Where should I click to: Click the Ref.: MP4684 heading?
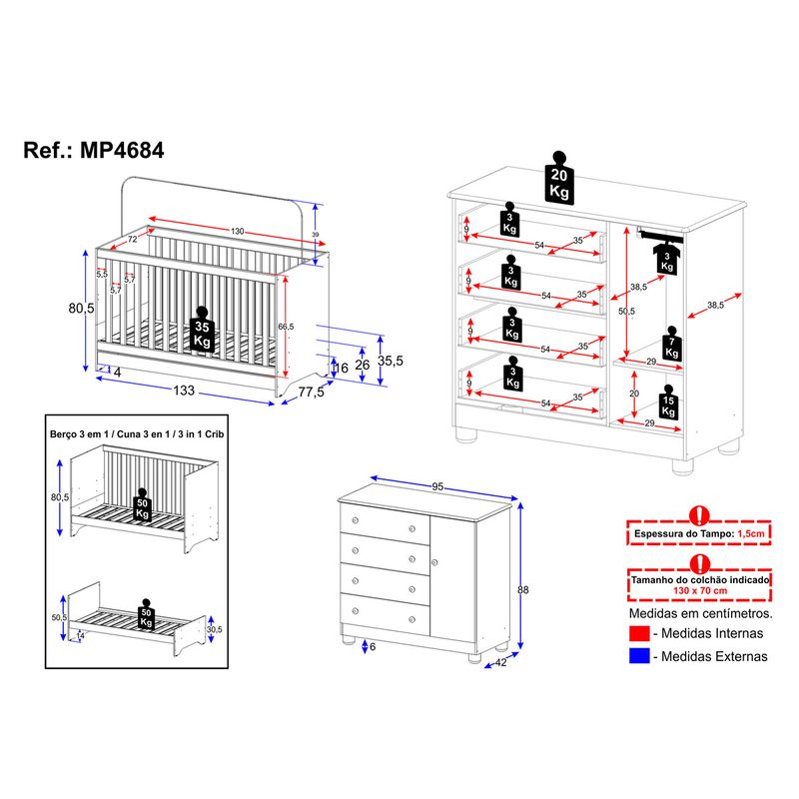point(94,151)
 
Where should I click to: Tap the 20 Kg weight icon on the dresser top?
point(559,179)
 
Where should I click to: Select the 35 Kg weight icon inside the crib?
point(202,329)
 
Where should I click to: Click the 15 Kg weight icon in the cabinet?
point(668,401)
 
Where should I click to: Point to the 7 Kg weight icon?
point(671,343)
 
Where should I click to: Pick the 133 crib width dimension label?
point(184,391)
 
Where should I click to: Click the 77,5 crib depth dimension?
point(312,392)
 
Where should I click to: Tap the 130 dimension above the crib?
point(237,232)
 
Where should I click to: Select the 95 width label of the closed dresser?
point(437,486)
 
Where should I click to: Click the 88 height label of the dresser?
point(522,589)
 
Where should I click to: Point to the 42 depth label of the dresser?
point(501,662)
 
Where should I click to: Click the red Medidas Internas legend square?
point(639,633)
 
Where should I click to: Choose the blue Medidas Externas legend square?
point(639,656)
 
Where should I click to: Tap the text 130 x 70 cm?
point(700,590)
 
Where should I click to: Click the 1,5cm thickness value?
point(751,534)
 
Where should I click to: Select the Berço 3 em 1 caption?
point(81,434)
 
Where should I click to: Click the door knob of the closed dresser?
point(434,562)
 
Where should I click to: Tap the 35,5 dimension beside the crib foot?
point(391,361)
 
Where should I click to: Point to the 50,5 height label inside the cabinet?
point(627,311)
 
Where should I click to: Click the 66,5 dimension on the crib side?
point(286,327)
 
